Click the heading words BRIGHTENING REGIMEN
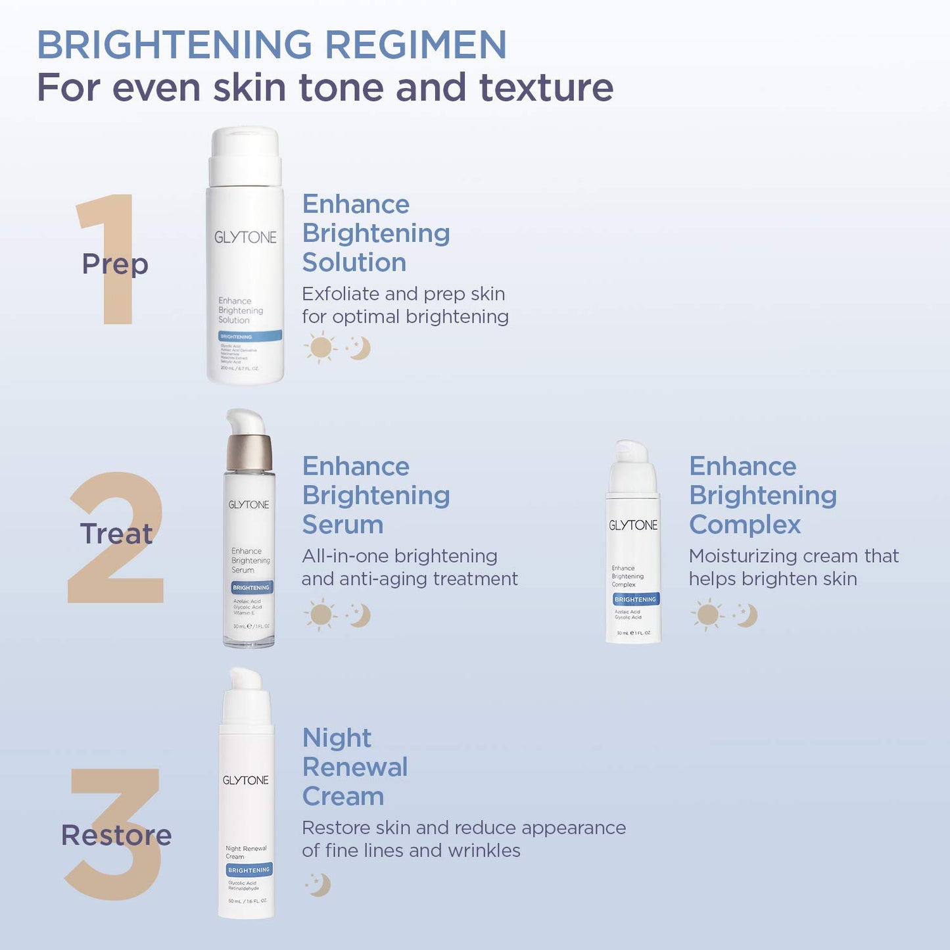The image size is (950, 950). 272,45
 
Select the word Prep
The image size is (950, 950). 115,264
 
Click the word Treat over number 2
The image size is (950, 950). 116,533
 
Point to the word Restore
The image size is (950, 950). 116,835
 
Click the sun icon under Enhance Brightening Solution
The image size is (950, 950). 320,348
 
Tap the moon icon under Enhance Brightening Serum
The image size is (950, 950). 359,615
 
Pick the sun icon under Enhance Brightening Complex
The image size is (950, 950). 707,615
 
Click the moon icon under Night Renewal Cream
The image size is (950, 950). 319,885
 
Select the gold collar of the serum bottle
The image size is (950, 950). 249,452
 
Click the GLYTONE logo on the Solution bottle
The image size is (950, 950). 245,237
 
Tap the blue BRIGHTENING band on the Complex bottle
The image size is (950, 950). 635,600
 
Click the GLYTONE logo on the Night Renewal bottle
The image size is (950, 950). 245,780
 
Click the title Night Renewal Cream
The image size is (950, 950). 355,767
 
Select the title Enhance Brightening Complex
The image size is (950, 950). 763,495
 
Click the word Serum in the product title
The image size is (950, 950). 343,525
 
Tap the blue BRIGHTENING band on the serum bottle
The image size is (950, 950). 250,587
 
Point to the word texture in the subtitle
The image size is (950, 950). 546,87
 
